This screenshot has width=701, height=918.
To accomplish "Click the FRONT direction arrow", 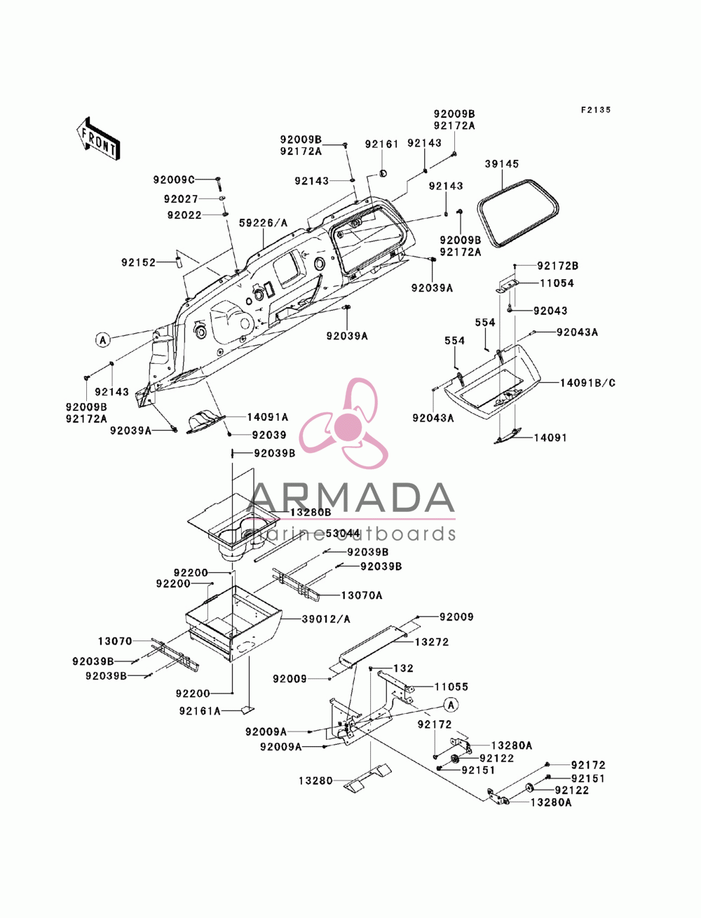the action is coord(98,138).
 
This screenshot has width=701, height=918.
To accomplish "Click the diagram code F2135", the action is coord(595,109).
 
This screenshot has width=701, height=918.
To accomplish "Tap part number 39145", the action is coord(502,164).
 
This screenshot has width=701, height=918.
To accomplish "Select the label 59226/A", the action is coord(264,223).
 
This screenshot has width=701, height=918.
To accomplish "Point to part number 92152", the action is coord(138,263).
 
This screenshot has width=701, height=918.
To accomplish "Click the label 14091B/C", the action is coord(587,383).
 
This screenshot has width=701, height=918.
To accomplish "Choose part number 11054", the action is coord(557,283).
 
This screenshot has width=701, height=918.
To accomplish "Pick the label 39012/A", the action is coord(326,619).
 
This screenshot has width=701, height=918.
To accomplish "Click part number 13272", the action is coord(431,642).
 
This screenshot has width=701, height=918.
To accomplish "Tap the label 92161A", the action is coord(200,711).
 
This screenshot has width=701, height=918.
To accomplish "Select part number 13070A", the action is coord(361,595).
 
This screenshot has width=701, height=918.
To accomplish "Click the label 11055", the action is coord(451,687).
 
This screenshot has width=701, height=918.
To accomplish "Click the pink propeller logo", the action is coord(343,424).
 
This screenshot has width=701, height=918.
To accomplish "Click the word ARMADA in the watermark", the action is coord(353,498).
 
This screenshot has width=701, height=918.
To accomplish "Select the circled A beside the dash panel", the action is coord(103,340).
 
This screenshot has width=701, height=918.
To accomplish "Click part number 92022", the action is coord(184,215).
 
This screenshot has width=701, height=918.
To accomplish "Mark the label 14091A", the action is coord(268,417).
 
